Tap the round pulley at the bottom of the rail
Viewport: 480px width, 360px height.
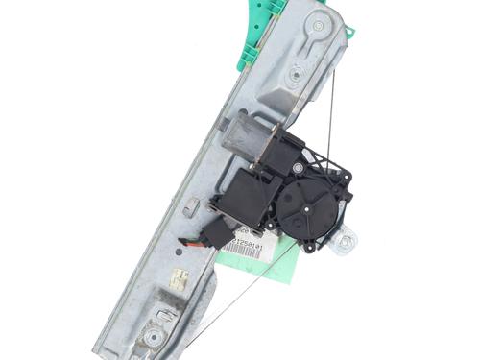(152, 335)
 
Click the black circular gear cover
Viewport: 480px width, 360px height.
(310, 205)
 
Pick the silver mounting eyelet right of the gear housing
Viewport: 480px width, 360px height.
(344, 243)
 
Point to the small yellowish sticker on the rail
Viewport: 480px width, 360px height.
(180, 278)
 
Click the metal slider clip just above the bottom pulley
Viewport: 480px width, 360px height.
(164, 313)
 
